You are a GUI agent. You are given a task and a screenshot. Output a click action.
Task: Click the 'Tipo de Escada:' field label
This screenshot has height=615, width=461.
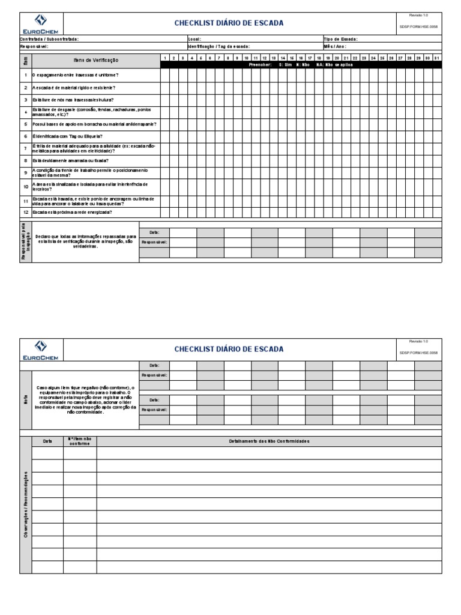point(340,39)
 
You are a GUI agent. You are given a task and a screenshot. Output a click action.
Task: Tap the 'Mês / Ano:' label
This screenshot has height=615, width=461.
point(335,46)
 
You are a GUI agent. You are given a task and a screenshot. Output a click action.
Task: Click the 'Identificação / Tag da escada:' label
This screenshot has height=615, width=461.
point(218,46)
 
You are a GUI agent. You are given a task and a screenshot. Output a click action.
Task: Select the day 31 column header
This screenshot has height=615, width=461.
point(436,58)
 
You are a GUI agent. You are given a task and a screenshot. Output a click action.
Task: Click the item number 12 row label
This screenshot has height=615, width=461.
point(26,213)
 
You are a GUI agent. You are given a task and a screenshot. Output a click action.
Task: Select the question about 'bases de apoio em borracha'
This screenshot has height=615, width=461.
point(94,124)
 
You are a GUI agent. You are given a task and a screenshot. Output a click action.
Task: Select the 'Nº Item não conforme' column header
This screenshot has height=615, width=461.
point(80,441)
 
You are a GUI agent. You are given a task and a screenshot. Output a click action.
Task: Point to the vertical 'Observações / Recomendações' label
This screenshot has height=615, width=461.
point(26,504)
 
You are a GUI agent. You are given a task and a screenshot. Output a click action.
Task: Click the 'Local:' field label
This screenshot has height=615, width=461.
point(194,39)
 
